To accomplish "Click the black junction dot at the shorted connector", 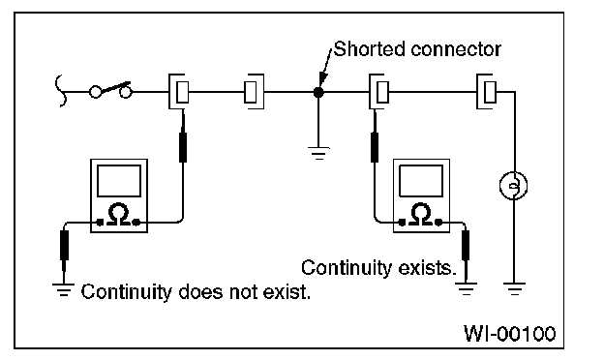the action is point(318,92).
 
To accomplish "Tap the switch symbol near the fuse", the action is point(111,91).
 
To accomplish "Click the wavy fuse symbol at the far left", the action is point(60,90).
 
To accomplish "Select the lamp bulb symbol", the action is point(513,186).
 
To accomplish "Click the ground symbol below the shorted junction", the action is point(318,153).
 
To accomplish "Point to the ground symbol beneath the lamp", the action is point(514,288).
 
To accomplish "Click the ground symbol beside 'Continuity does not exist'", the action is point(64,290).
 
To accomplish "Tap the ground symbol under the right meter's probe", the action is point(466,288).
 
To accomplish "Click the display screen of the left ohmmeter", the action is point(119,181).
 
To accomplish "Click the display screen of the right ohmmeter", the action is point(421,181).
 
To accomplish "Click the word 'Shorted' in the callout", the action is point(370,49).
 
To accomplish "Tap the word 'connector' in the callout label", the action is point(456,50).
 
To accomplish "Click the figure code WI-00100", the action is point(509,334).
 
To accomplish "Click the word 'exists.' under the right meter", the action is point(427,268).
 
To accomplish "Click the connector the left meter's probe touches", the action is point(179,92).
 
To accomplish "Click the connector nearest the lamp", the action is point(486,92).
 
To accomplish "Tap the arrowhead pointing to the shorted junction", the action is point(322,78).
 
